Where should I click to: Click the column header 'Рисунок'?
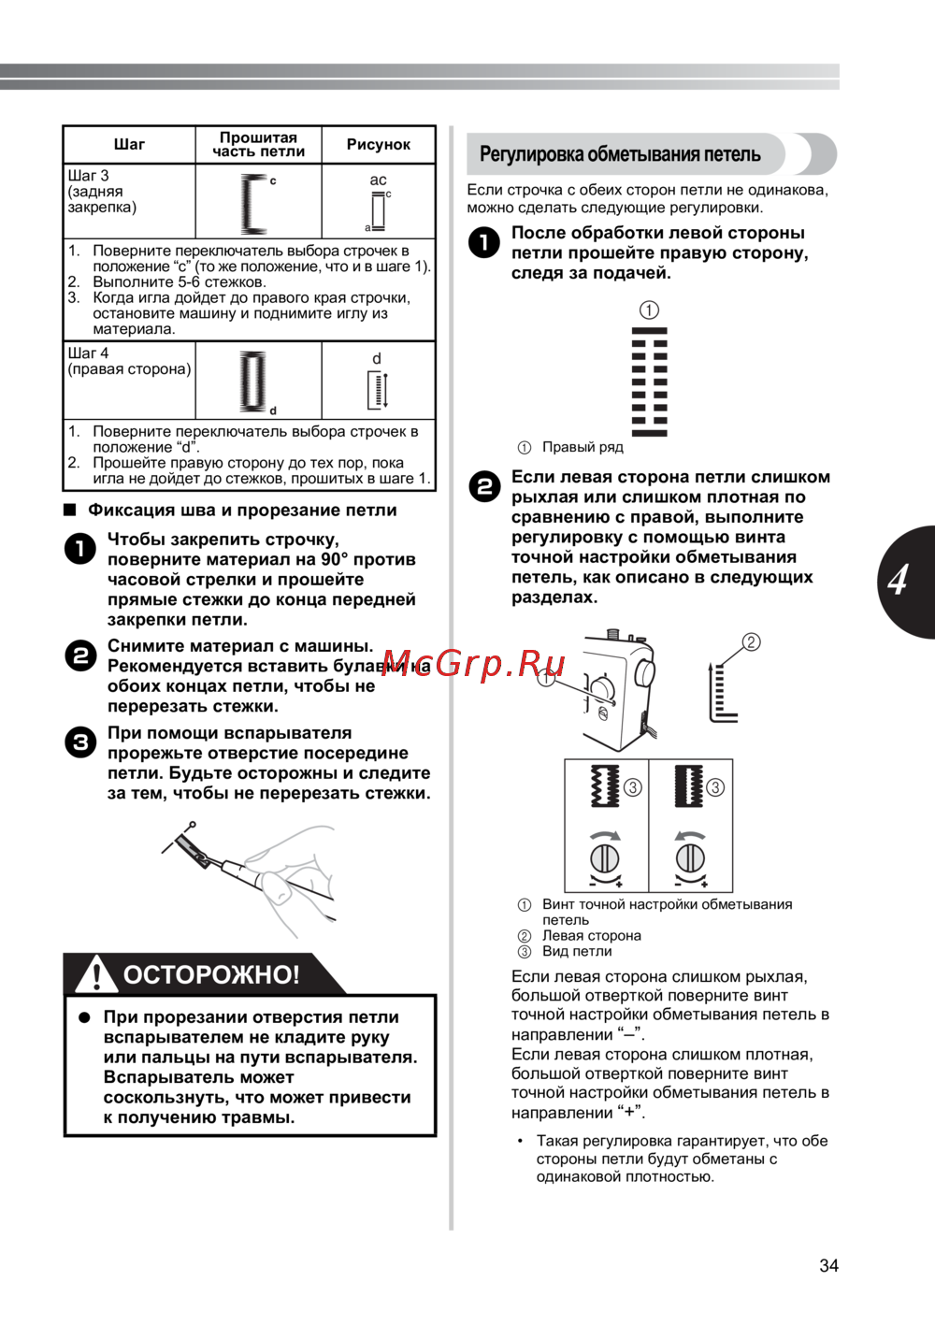tap(378, 145)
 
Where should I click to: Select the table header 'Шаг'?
tap(129, 145)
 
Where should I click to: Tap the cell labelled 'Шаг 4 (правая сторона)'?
tap(129, 362)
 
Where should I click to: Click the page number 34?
tap(828, 1266)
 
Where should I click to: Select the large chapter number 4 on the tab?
tap(899, 581)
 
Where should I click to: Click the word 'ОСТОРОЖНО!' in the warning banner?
tap(211, 975)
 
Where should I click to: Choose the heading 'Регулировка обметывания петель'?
tap(620, 154)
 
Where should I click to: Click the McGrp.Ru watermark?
tap(473, 664)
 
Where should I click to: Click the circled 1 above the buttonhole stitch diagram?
tap(649, 310)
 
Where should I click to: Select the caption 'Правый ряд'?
tap(583, 448)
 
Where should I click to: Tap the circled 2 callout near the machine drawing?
tap(751, 642)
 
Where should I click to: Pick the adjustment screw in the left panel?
tap(605, 857)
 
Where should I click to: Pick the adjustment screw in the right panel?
tap(690, 857)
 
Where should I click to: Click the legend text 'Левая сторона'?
tap(592, 936)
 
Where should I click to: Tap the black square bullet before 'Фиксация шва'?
tap(69, 511)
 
